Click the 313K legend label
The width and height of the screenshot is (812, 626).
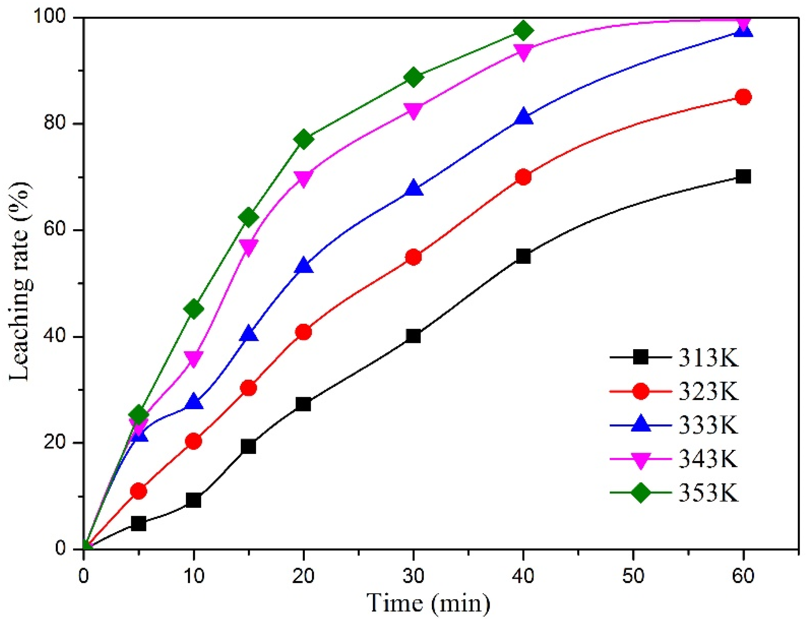click(708, 358)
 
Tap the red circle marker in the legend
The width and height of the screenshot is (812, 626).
click(641, 391)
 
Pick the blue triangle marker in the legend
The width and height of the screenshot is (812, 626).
click(641, 425)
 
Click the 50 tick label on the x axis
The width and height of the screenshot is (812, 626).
click(633, 576)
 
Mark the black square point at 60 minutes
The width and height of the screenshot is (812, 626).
click(743, 177)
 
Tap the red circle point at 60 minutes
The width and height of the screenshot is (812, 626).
click(743, 97)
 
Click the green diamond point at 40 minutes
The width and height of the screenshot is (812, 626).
click(523, 31)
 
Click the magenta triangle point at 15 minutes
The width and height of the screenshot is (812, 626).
click(249, 246)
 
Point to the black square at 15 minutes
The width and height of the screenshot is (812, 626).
click(249, 446)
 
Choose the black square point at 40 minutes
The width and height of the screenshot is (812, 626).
click(523, 256)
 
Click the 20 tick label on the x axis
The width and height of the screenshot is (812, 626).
click(303, 576)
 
